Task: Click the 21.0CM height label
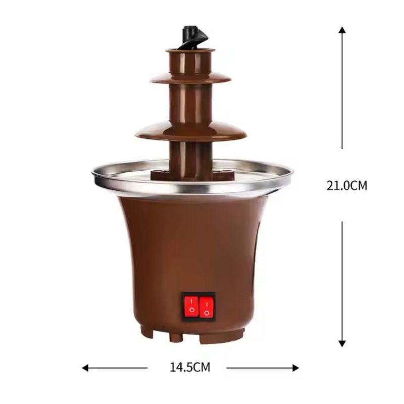(347, 185)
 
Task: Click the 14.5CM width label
(190, 368)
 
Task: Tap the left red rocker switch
(191, 307)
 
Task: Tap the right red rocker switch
(207, 307)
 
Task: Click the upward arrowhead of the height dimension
(342, 30)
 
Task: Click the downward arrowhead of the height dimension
(342, 343)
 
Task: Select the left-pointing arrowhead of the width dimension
(85, 368)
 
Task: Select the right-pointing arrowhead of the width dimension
(296, 368)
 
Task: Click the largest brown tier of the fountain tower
(191, 131)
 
